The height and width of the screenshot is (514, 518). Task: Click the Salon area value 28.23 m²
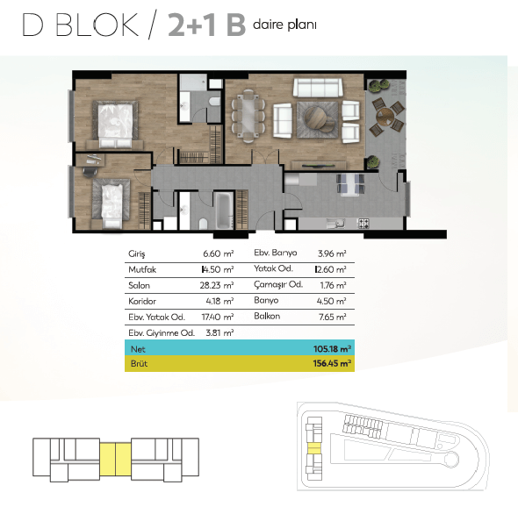tap(216, 285)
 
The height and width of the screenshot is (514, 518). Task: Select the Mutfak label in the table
tap(142, 269)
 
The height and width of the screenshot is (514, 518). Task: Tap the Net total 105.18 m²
tap(332, 348)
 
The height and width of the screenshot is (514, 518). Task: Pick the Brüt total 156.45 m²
tap(332, 363)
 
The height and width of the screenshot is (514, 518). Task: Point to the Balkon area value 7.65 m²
tap(333, 317)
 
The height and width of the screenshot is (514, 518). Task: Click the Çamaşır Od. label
tap(278, 284)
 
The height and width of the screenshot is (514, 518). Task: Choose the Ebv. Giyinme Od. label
tap(162, 332)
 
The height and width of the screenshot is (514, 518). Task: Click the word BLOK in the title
tap(97, 25)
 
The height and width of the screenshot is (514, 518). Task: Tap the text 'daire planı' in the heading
tap(284, 25)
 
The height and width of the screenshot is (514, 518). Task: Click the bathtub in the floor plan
tap(224, 211)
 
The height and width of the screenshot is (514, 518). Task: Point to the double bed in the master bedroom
tap(115, 125)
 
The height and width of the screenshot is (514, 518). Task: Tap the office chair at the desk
tap(90, 171)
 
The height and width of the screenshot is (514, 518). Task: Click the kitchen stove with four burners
tap(363, 223)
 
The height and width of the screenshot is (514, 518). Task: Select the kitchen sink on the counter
tap(335, 224)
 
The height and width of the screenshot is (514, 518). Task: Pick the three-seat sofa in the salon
tap(318, 88)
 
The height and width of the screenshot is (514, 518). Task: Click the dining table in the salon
tap(248, 116)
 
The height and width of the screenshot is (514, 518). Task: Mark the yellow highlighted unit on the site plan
tap(313, 448)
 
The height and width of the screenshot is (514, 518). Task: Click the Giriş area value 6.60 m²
tap(218, 253)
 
